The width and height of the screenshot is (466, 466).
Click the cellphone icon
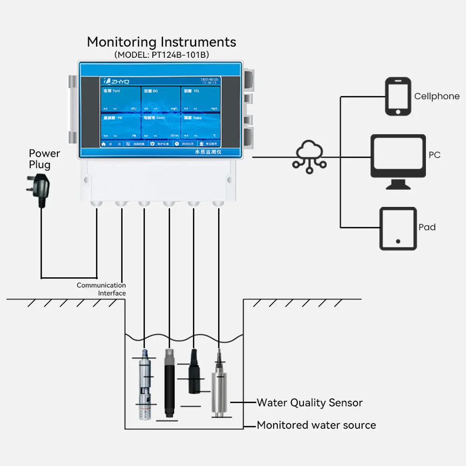tap(398, 96)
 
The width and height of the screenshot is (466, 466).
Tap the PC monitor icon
tap(398, 158)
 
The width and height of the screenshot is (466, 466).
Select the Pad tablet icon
tap(397, 228)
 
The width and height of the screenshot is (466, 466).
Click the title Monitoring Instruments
tap(161, 42)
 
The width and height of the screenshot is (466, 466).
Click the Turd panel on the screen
tap(121, 99)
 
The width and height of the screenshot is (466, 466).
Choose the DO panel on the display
tap(161, 99)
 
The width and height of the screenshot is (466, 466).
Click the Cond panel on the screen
tap(161, 126)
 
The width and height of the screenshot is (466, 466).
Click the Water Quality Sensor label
tap(309, 403)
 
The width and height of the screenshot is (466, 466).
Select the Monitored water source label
tap(316, 425)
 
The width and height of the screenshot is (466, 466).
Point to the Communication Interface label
tap(102, 289)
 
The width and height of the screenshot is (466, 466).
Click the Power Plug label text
tap(44, 159)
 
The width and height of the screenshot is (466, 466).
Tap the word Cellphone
tap(437, 96)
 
